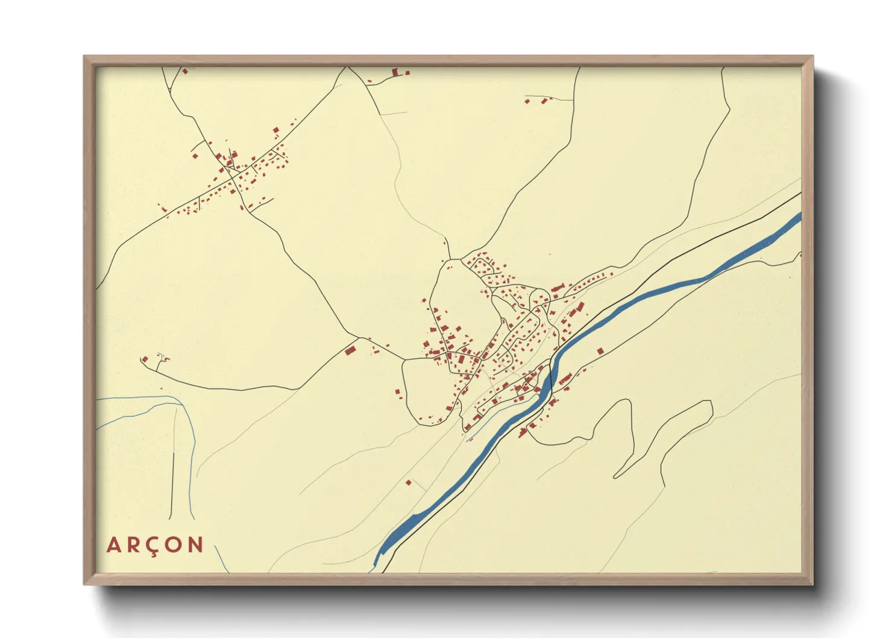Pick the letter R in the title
133,545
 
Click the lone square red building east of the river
600,351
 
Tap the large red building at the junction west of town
350,350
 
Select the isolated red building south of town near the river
409,482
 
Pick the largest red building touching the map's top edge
396,72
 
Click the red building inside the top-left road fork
186,72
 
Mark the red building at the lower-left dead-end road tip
145,360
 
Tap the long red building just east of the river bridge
565,379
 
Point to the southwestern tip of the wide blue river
376,564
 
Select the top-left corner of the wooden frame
84,57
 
